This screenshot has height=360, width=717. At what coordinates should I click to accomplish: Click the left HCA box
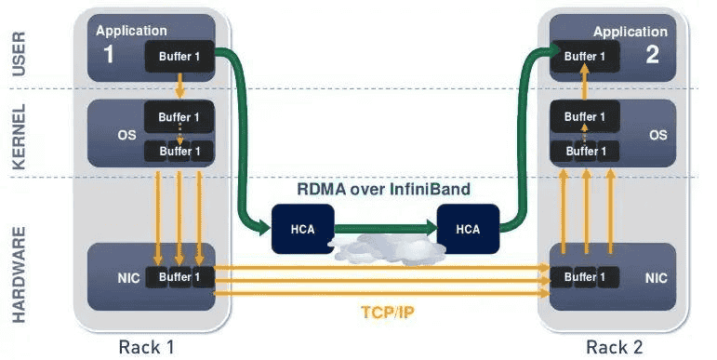pos(301,229)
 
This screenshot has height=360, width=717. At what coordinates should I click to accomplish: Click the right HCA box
pos(468,229)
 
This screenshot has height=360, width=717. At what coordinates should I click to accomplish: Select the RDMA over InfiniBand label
pos(383,189)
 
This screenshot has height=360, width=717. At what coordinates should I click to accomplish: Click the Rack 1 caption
pos(146,347)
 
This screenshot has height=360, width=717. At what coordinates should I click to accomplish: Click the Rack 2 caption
pos(615,347)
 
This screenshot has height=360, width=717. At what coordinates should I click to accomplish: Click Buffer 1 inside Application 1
pos(179,57)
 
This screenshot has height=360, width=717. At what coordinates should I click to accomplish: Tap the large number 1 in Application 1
pos(108,54)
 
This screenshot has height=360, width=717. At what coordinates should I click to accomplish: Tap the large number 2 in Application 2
pos(652,54)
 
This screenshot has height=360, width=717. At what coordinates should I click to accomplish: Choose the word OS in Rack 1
pos(126,135)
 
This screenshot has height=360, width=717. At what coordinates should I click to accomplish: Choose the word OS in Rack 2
pos(657,135)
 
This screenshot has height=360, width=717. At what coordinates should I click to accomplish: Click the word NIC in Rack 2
pos(655,277)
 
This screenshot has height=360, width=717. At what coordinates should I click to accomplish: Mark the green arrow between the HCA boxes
pos(384,226)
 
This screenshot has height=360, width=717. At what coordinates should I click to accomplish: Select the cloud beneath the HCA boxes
pos(384,249)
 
